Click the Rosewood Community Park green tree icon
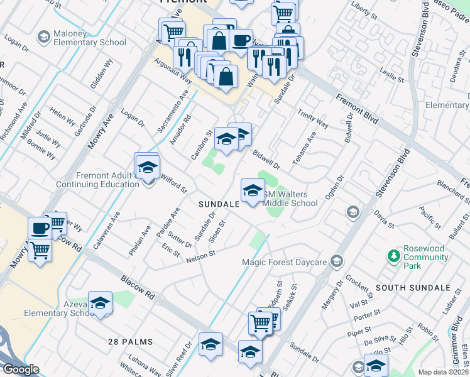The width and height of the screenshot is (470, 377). coord(394,256)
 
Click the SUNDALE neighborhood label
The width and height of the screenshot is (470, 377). coord(219,205)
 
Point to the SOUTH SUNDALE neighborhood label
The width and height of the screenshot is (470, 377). coord(413,288)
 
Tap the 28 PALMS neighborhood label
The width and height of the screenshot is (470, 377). coord(131,341)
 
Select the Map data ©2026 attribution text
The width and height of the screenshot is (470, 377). coord(443,372)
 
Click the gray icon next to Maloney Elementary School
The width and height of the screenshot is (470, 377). coord(44,37)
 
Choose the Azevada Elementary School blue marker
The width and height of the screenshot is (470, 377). coord(100,304)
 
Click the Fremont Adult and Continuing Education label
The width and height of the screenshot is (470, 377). coord(98,180)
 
